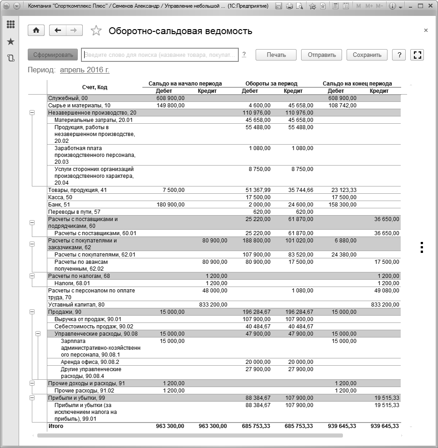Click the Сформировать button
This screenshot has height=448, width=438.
(x=53, y=55)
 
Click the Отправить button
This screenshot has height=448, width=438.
(x=322, y=55)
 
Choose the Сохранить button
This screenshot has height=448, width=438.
(x=367, y=55)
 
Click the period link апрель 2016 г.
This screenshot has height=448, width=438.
(x=85, y=70)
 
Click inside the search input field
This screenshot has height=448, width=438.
(x=160, y=55)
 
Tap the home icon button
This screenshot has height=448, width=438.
(x=36, y=30)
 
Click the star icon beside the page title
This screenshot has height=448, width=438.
(x=96, y=31)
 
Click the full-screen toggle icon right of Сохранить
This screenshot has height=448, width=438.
(x=417, y=55)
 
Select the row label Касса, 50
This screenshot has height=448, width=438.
(x=60, y=197)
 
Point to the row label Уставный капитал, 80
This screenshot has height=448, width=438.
(x=76, y=304)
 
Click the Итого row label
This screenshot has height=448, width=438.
(x=56, y=426)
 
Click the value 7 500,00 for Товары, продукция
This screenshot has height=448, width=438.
(x=174, y=190)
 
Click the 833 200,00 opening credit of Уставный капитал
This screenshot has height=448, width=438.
(x=213, y=304)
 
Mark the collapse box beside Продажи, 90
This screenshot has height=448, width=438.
(x=32, y=312)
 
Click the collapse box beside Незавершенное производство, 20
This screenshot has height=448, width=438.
(x=32, y=112)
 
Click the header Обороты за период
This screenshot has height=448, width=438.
(x=271, y=84)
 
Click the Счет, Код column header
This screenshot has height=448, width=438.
(x=95, y=87)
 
